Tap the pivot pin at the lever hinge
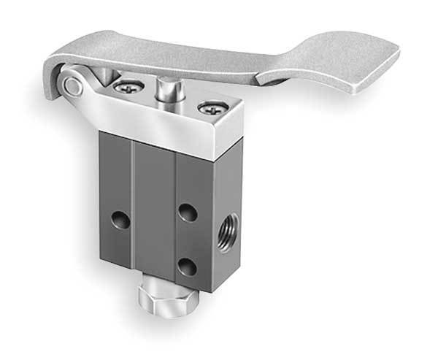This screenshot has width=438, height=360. click(x=71, y=85)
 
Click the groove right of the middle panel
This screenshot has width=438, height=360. click(x=175, y=219)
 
